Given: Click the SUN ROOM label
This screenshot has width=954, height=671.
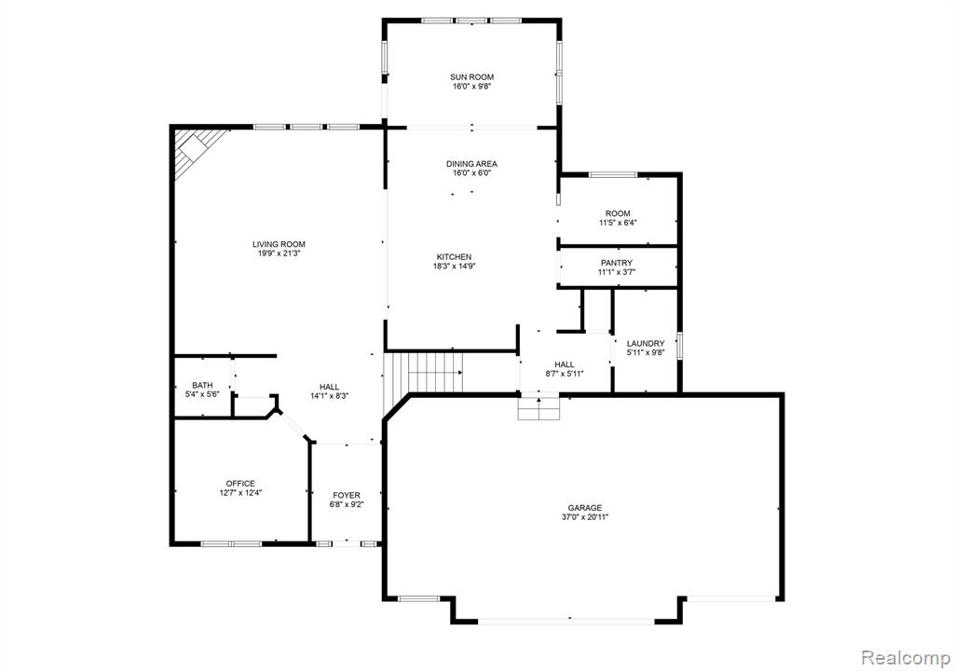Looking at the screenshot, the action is [471, 77].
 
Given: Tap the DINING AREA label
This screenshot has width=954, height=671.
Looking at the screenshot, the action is [471, 164].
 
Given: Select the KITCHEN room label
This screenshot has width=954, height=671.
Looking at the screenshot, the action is [454, 257].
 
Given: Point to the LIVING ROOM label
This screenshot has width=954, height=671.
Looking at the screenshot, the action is [279, 244].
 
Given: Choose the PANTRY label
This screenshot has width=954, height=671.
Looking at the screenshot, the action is [617, 263].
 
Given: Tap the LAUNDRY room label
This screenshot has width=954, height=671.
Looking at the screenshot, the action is [646, 343].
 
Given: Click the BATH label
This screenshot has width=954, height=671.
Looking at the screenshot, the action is [202, 385].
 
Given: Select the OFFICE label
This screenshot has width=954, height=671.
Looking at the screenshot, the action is [240, 484].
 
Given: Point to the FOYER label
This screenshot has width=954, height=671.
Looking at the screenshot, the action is [347, 495].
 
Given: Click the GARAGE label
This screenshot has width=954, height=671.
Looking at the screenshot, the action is [585, 508].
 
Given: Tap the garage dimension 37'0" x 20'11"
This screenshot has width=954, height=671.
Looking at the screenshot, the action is [585, 517].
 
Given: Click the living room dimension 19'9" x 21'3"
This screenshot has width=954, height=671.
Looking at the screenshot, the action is [279, 253].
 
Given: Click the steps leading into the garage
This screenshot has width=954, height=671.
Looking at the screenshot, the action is [538, 409].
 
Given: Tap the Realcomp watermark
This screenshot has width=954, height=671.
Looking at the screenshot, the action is [906, 658].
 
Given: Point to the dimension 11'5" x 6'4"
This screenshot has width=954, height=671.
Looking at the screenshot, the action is [618, 223].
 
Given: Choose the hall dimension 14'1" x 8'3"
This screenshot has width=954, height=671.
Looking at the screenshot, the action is [329, 396].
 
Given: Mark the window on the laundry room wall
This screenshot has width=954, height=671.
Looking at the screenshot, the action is [680, 343].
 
